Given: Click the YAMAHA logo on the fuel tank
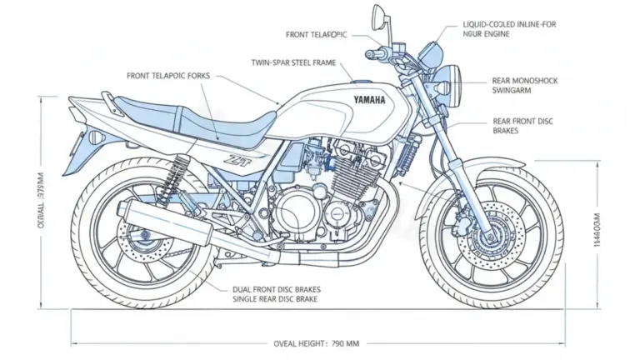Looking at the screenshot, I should [x=369, y=100].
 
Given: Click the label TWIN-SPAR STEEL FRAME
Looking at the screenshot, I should [x=287, y=62].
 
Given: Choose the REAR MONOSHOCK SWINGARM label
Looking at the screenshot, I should [x=525, y=87].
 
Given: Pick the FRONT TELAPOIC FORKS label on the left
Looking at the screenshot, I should [x=169, y=76].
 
